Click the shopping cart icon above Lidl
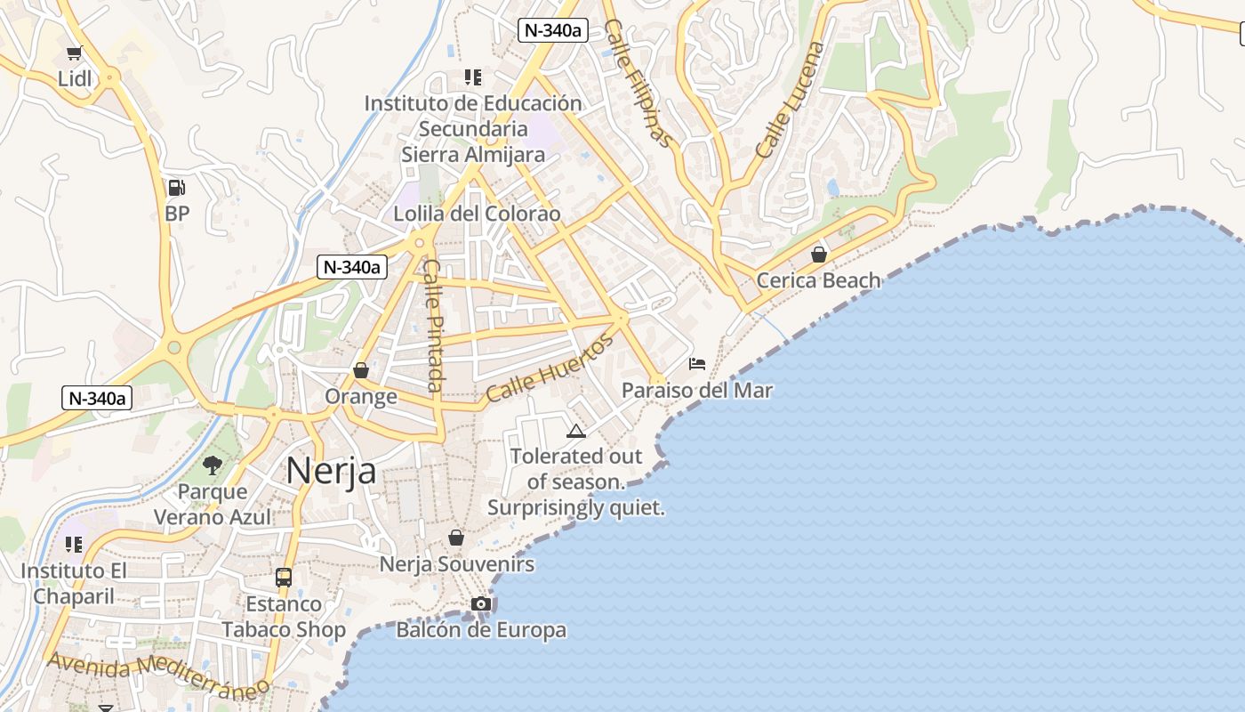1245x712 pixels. tap(75, 53)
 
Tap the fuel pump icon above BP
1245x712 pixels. tap(176, 188)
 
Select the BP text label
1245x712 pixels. tap(177, 214)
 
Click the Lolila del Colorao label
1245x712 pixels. tap(477, 214)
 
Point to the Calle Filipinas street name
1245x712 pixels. tap(637, 82)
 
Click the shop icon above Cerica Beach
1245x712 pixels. tap(819, 255)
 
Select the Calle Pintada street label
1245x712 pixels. tap(433, 325)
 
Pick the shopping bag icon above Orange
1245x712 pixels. tap(361, 370)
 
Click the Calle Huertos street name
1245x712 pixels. tap(550, 368)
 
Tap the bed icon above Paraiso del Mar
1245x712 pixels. tap(697, 364)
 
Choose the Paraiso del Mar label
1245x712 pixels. tap(697, 390)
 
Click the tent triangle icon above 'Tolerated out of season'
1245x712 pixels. tap(576, 433)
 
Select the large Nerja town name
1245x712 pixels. tap(331, 471)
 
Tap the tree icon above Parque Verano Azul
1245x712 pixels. tap(212, 465)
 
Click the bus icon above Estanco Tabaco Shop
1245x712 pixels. tap(284, 578)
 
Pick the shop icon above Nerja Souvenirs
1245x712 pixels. tap(456, 538)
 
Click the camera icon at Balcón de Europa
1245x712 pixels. tap(481, 604)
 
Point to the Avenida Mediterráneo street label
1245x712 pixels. tap(158, 675)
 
